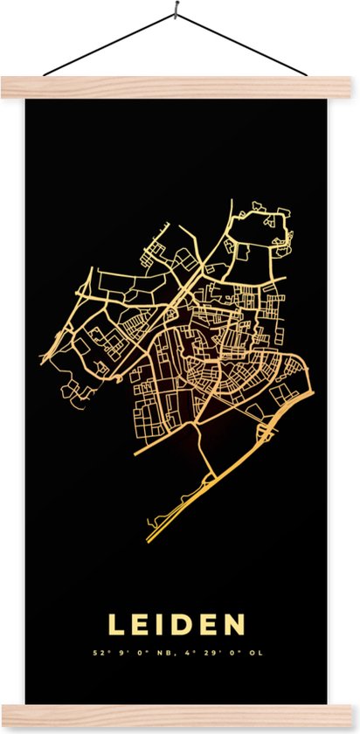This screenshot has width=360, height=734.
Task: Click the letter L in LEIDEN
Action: (x=116, y=625)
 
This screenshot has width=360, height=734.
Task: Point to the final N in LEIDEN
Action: (x=235, y=625)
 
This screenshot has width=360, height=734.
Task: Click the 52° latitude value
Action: (x=98, y=652)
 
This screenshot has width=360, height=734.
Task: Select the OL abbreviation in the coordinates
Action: (x=256, y=652)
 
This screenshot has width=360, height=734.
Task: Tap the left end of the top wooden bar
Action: (x=7, y=87)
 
